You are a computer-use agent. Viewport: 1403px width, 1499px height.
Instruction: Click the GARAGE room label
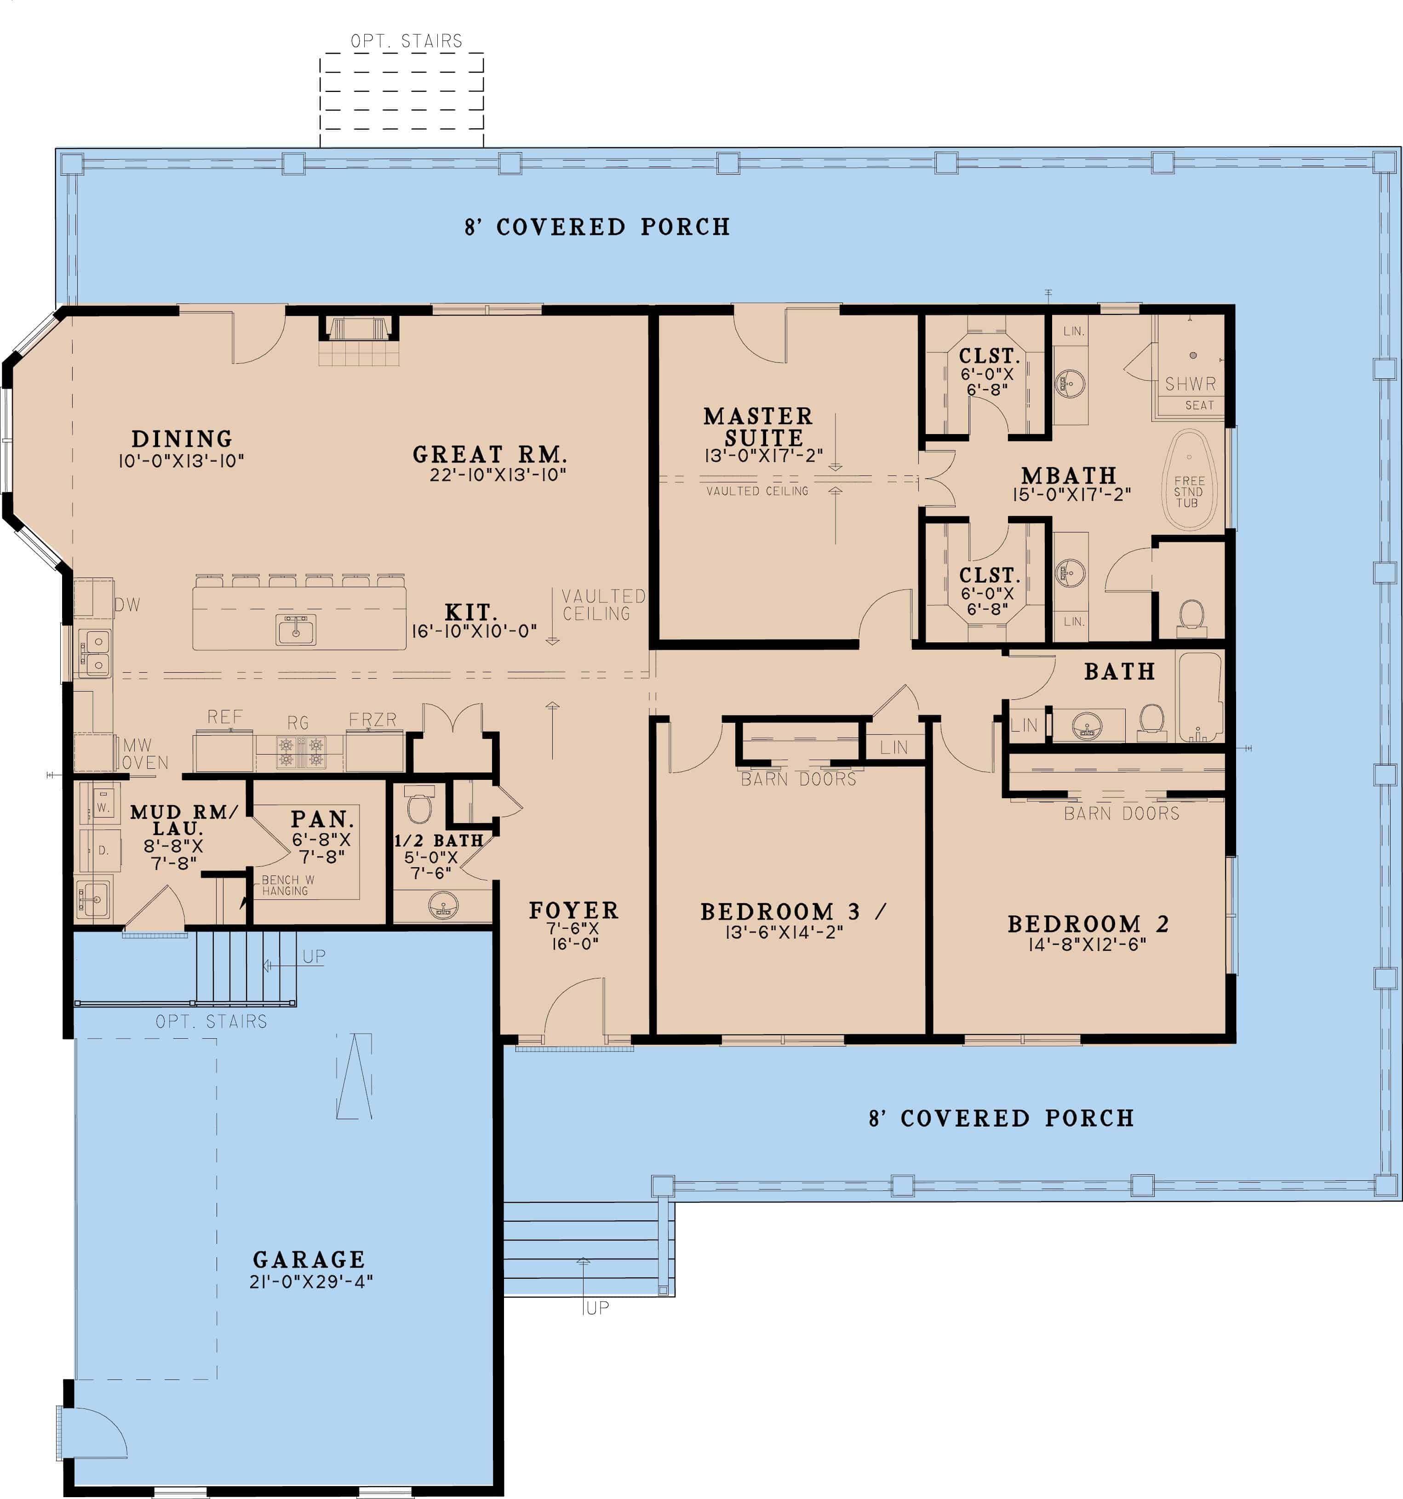pyautogui.click(x=309, y=1259)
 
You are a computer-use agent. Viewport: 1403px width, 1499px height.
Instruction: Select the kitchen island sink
pyautogui.click(x=296, y=629)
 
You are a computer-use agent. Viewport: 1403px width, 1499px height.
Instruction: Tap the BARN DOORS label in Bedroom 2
pyautogui.click(x=1121, y=813)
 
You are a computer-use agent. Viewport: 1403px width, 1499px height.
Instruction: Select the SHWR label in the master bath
pyautogui.click(x=1191, y=384)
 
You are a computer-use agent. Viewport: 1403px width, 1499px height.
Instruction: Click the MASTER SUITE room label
pyautogui.click(x=758, y=427)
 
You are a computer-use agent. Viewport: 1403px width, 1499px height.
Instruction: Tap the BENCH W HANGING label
pyautogui.click(x=287, y=885)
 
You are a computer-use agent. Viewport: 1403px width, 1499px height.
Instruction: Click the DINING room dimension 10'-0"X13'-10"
pyautogui.click(x=181, y=461)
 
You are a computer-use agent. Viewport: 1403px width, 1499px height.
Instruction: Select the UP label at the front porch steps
pyautogui.click(x=596, y=1308)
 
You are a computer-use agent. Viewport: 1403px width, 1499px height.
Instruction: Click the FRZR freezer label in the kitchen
pyautogui.click(x=372, y=719)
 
